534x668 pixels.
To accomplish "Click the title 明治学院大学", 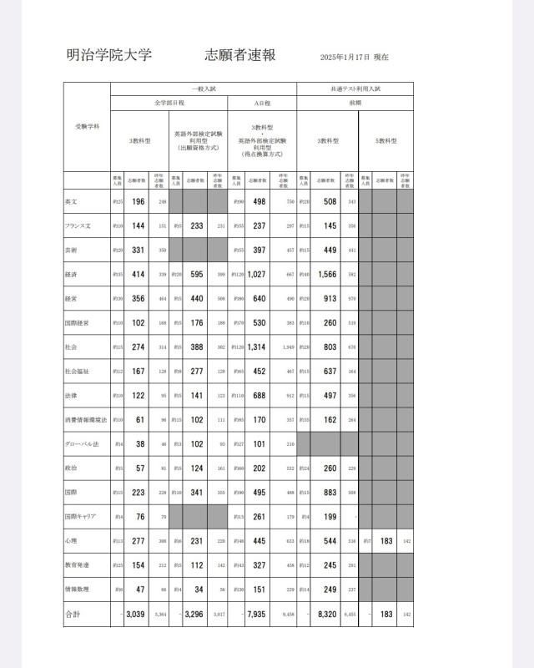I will (x=108, y=56).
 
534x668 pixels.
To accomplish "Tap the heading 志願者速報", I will (x=240, y=56).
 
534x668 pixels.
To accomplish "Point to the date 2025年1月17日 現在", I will (x=355, y=58).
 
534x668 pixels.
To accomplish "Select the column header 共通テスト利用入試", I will (x=355, y=88).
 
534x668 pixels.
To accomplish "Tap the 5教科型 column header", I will (x=385, y=141).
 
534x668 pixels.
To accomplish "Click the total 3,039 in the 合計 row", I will (x=136, y=614).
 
